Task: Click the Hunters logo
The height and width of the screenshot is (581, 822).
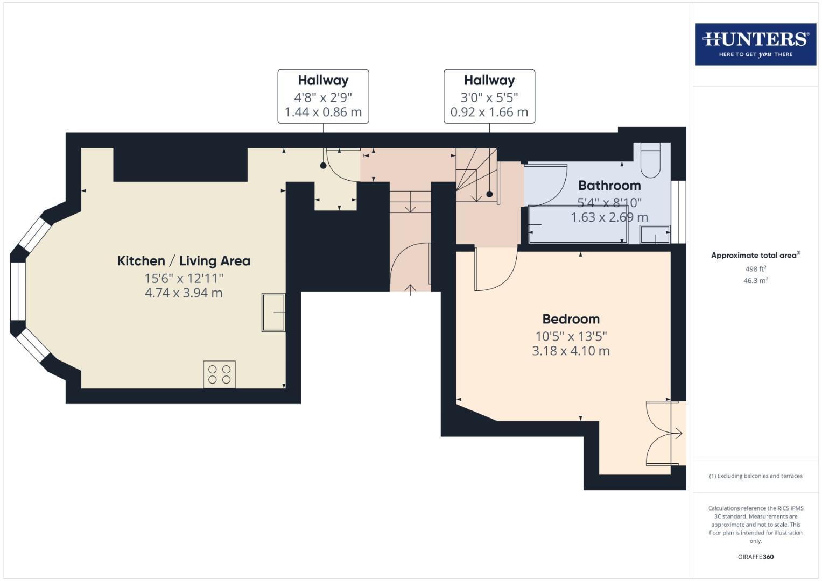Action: click(755, 44)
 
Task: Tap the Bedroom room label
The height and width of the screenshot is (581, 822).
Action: click(571, 319)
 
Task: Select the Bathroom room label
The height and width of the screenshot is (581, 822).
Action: click(609, 186)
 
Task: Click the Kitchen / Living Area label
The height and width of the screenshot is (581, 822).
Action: click(184, 261)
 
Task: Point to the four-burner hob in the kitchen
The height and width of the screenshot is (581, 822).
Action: click(219, 374)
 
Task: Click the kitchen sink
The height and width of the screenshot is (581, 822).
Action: click(273, 312)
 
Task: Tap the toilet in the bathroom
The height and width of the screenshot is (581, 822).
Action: click(651, 160)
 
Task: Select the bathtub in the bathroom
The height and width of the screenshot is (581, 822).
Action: click(578, 224)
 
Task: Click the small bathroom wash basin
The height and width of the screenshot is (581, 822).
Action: click(655, 235)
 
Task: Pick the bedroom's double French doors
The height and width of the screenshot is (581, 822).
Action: click(663, 433)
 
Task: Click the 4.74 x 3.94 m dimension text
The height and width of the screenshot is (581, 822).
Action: click(184, 293)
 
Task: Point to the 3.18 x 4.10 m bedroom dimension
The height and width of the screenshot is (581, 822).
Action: click(571, 351)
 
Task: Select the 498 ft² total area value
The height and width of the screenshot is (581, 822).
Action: click(755, 269)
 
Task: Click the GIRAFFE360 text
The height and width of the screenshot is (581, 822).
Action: click(755, 557)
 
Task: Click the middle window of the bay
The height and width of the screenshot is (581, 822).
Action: click(18, 291)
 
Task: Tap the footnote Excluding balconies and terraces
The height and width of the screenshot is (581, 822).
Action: click(755, 476)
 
